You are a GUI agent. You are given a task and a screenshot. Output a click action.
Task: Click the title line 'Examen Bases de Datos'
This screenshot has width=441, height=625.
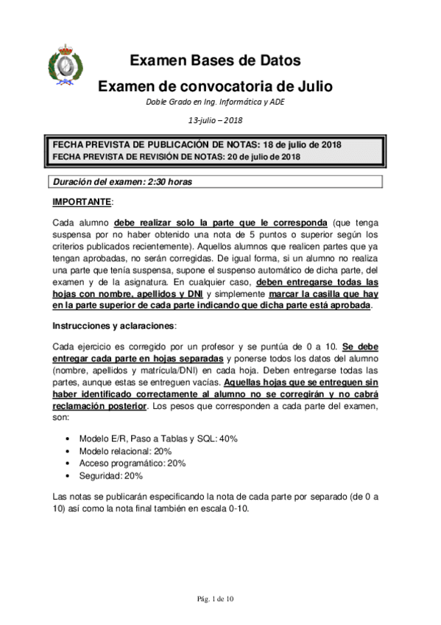pos(215,61)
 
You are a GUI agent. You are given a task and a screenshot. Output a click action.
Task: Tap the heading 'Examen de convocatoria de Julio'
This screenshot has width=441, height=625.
pos(215,86)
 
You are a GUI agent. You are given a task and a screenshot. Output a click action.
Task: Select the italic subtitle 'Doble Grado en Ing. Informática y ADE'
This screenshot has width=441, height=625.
pos(215,102)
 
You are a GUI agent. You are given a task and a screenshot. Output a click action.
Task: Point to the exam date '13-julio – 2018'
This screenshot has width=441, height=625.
pos(215,120)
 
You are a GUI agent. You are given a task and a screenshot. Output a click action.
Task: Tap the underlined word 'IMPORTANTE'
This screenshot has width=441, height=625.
pos(81,201)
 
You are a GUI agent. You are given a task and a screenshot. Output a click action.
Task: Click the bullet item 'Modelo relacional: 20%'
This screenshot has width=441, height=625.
pos(124,451)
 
